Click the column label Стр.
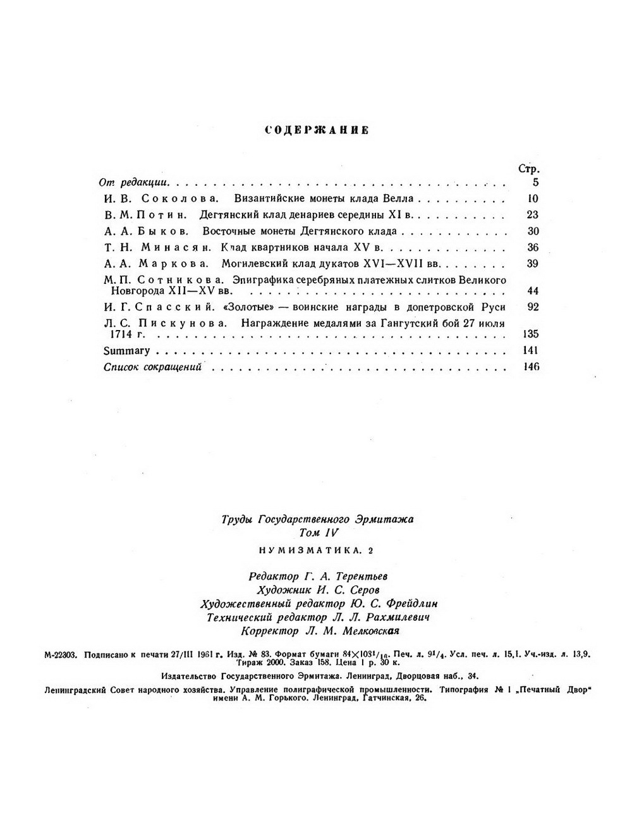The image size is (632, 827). tap(528, 169)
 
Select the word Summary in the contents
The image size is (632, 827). tap(126, 351)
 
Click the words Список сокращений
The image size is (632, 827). tap(152, 367)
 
